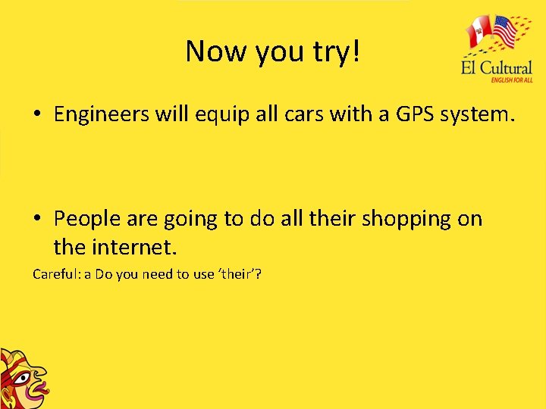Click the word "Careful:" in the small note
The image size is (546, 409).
pyautogui.click(x=56, y=274)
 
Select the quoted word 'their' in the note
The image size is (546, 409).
pyautogui.click(x=236, y=274)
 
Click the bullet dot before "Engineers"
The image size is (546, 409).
pyautogui.click(x=36, y=116)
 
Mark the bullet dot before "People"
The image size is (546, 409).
pyautogui.click(x=36, y=220)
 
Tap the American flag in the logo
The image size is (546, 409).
pyautogui.click(x=505, y=33)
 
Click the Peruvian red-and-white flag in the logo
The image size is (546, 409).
pyautogui.click(x=478, y=34)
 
